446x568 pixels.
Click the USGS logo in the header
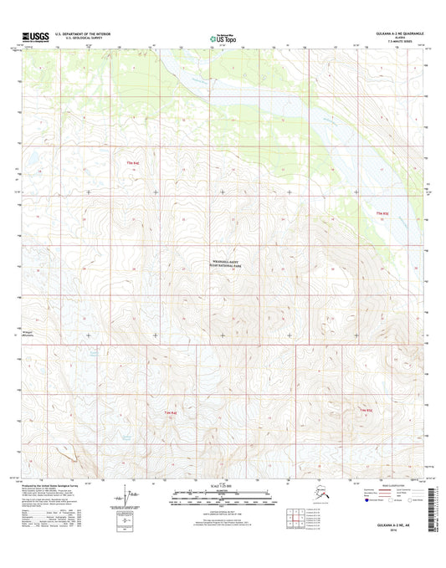coord(30,37)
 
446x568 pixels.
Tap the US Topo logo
coord(223,37)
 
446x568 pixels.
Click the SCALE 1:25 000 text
coord(223,487)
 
